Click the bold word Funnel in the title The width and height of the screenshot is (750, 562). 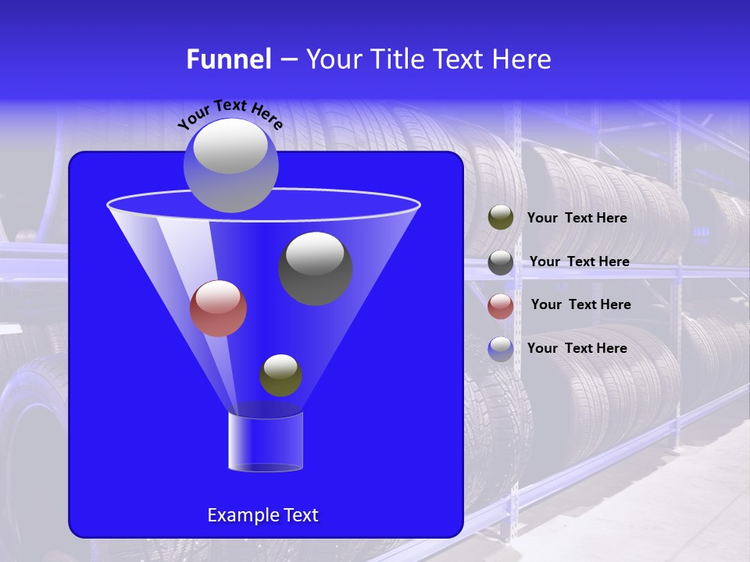click(228, 59)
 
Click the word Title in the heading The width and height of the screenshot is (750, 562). click(396, 59)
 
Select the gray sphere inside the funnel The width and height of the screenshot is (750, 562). click(316, 269)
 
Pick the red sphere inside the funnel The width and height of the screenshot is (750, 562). click(218, 308)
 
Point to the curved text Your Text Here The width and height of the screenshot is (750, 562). click(230, 113)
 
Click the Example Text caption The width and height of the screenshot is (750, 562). click(262, 515)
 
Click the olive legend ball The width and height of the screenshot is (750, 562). click(501, 218)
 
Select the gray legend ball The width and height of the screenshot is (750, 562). click(501, 261)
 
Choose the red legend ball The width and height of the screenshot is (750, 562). click(501, 305)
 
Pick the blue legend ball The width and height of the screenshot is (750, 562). click(501, 348)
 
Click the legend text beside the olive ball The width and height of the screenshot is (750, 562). click(577, 219)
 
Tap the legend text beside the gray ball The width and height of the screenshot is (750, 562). click(579, 261)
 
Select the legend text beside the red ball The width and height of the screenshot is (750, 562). click(580, 304)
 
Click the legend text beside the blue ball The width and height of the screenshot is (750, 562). click(577, 348)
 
